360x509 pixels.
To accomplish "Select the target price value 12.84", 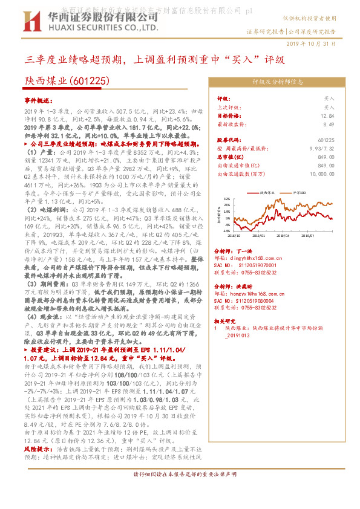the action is point(329,115).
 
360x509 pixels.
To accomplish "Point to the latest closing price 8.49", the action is point(329,123).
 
